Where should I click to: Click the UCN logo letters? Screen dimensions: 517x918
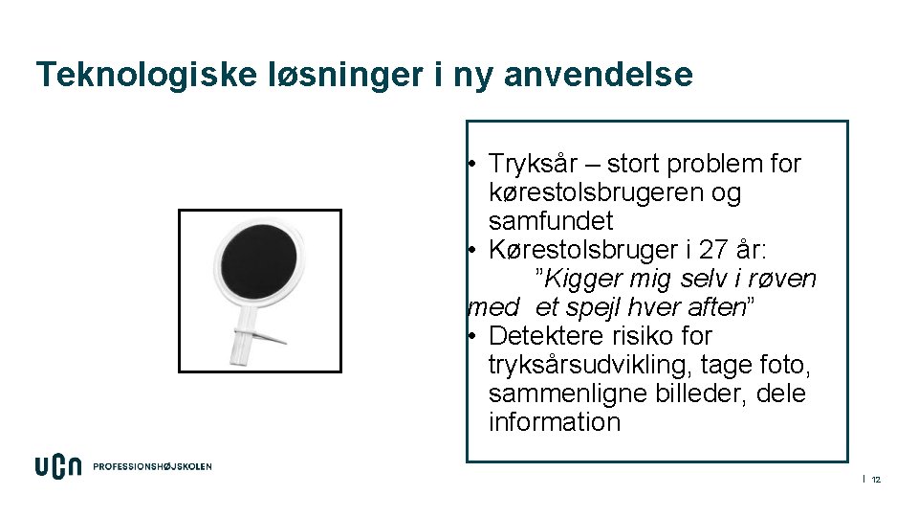point(58,466)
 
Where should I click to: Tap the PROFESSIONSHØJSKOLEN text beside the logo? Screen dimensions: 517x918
point(152,467)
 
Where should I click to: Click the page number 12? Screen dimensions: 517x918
point(875,479)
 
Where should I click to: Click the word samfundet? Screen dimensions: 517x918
point(550,221)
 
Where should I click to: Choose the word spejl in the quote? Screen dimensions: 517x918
point(592,307)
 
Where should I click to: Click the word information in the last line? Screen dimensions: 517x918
point(554,422)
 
